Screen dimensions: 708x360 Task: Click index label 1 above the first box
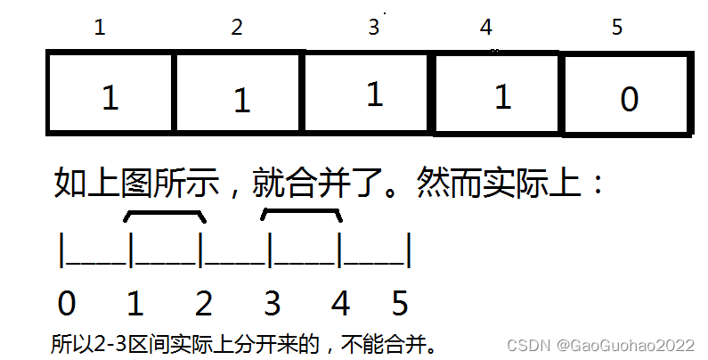point(99,28)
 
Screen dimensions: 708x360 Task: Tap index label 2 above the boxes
point(236,28)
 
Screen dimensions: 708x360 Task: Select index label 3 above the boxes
point(373,28)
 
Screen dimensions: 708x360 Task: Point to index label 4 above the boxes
point(485,28)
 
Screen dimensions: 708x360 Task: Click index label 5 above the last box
point(617,28)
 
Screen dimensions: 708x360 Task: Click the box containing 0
point(627,97)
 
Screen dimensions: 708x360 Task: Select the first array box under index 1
point(110,95)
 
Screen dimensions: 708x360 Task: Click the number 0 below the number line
point(66,305)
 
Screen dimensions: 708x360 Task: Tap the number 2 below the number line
point(203,305)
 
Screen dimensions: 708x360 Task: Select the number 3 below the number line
point(272,305)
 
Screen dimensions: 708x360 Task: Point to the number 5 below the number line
point(400,305)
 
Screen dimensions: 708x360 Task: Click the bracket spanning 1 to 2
point(166,214)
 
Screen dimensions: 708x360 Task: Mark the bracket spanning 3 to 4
point(302,214)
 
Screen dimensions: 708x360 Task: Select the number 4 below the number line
point(340,305)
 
